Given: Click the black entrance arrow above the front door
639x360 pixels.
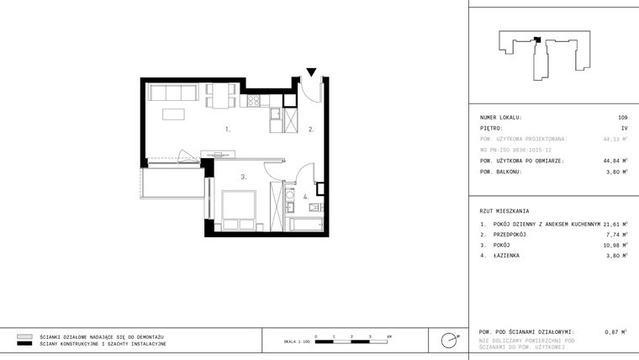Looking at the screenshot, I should click(311, 73).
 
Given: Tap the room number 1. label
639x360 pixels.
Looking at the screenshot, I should click(228, 130).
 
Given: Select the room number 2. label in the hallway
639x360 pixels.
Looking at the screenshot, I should click(310, 130).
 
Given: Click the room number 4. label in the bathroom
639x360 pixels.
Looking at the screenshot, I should click(306, 197).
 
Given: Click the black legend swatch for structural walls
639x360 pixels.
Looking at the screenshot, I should click(24, 344).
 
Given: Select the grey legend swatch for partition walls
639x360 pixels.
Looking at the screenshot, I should click(24, 336).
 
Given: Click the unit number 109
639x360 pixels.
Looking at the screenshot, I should click(622, 117).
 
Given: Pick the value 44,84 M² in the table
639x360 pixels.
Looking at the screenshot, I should click(615, 160).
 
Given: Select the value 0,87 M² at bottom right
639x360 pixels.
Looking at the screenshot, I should click(616, 332).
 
